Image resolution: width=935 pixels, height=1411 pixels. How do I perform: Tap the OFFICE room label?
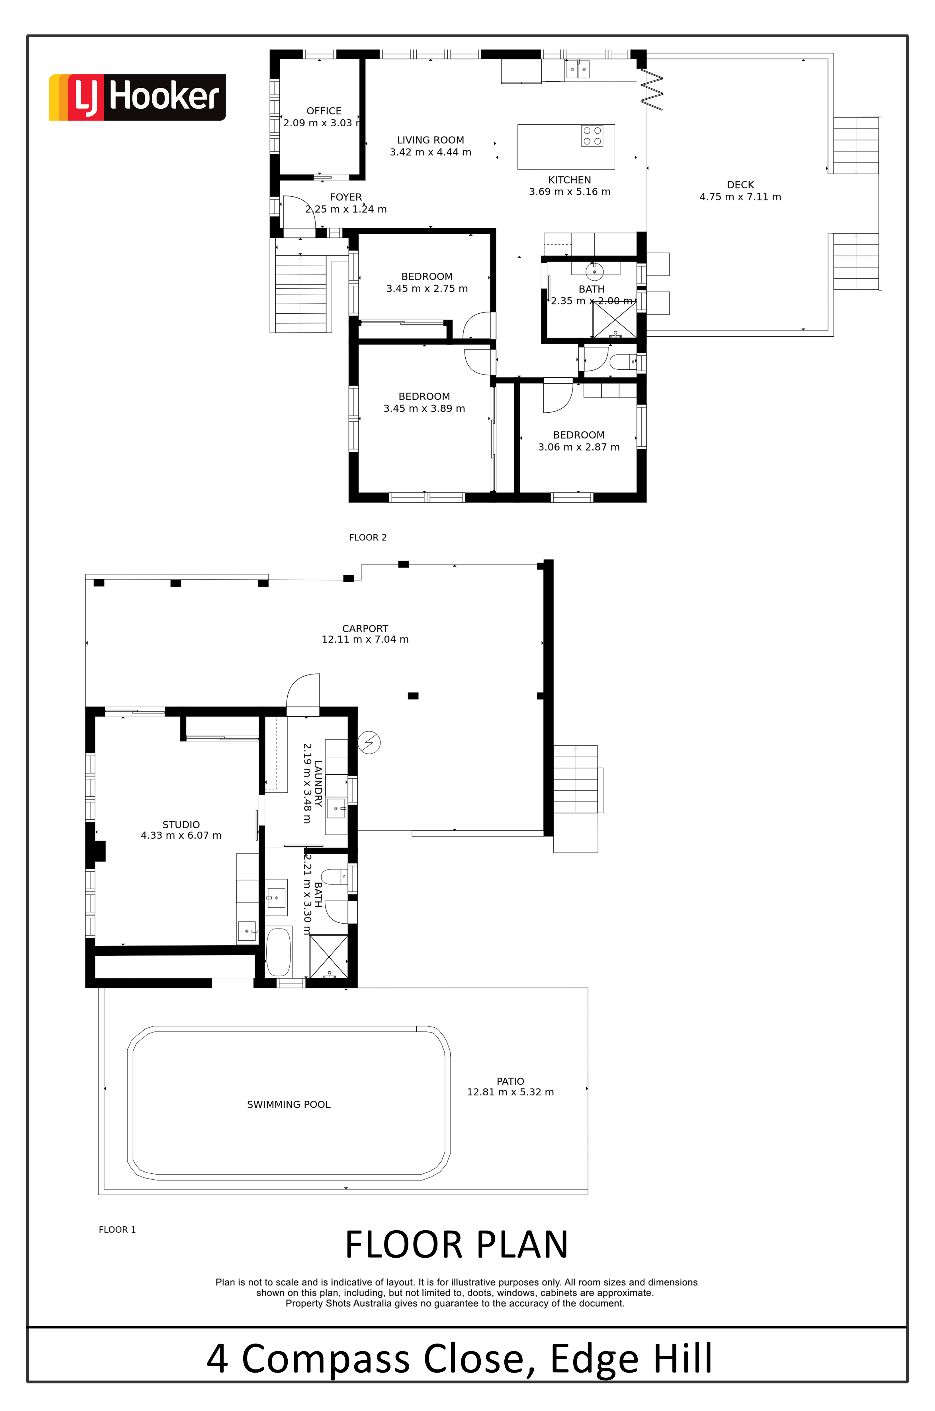tap(324, 111)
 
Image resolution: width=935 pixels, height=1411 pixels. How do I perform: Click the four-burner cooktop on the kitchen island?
tap(592, 136)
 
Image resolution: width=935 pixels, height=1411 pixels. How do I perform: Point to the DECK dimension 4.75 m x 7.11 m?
tap(740, 197)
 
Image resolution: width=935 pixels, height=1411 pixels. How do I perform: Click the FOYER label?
tap(346, 197)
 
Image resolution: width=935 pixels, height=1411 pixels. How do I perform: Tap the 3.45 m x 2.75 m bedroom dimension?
tap(427, 288)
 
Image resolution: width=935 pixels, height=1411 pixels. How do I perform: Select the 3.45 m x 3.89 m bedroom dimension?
tap(424, 408)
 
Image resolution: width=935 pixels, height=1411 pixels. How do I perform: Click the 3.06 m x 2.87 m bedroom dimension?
tap(578, 447)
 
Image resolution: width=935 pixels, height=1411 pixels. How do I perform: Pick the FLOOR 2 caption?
tap(368, 538)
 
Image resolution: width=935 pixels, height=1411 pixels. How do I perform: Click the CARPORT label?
tap(365, 629)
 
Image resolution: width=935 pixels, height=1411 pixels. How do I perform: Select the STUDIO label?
tap(181, 825)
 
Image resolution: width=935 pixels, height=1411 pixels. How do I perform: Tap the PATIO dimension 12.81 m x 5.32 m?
tap(510, 1092)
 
